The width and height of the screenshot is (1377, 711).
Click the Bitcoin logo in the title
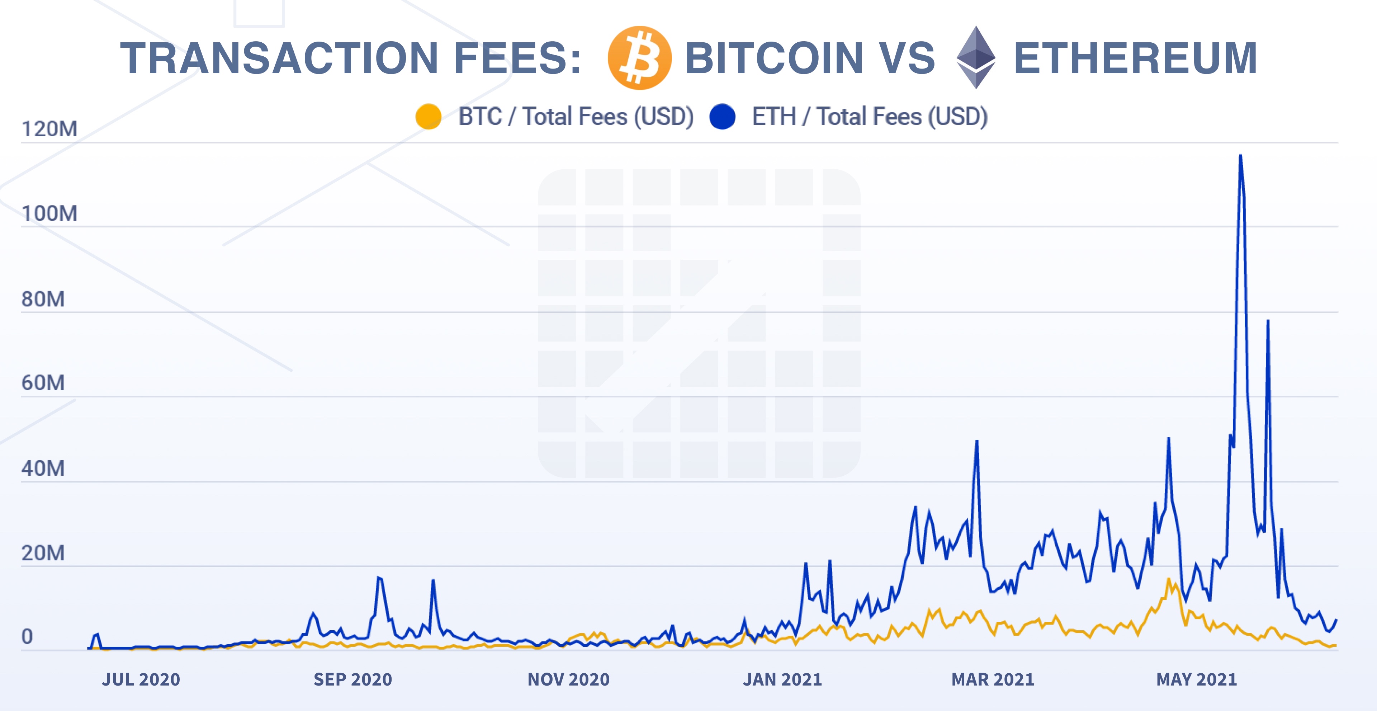pyautogui.click(x=639, y=58)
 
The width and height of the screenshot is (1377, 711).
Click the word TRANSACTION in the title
pyautogui.click(x=279, y=58)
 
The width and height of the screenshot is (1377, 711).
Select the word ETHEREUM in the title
pyautogui.click(x=1135, y=58)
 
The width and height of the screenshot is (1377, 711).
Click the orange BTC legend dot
pyautogui.click(x=428, y=117)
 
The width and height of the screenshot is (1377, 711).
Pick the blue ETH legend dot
pyautogui.click(x=722, y=117)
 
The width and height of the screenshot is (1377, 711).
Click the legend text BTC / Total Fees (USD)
pyautogui.click(x=576, y=117)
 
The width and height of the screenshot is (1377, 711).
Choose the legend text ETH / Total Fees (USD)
pyautogui.click(x=870, y=117)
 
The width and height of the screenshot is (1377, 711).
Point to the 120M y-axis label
pyautogui.click(x=49, y=129)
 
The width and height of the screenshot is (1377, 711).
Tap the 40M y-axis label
pyautogui.click(x=43, y=468)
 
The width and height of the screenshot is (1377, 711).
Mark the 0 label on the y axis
pyautogui.click(x=27, y=637)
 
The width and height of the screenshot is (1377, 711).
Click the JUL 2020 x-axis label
pyautogui.click(x=141, y=679)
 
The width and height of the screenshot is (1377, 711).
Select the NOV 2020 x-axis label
pyautogui.click(x=568, y=679)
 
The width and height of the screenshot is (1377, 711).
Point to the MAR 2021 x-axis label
pyautogui.click(x=993, y=679)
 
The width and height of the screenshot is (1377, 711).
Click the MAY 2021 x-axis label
pyautogui.click(x=1196, y=679)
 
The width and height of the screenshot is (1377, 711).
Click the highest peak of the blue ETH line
pyautogui.click(x=1240, y=156)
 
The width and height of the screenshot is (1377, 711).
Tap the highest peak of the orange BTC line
pyautogui.click(x=1169, y=579)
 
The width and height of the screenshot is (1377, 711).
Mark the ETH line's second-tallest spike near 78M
pyautogui.click(x=1267, y=322)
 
